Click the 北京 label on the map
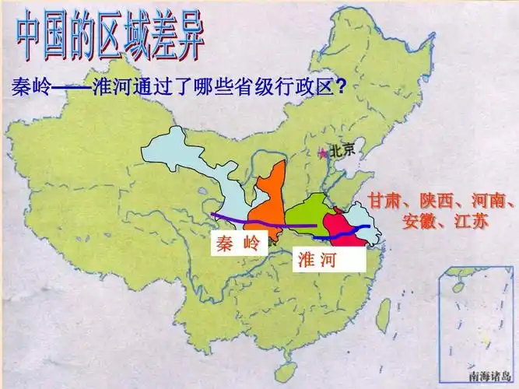(342, 151)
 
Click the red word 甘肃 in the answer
(385, 200)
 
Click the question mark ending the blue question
(341, 87)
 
